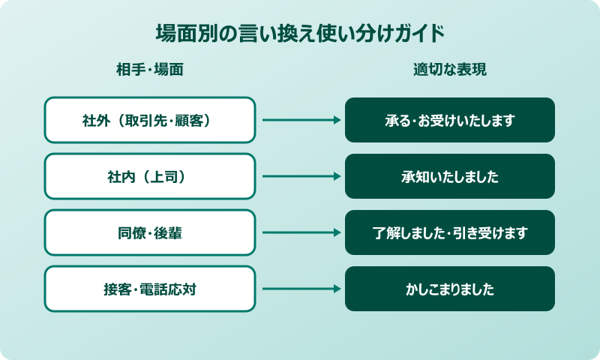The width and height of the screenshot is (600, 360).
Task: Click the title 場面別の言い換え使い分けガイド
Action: [x=300, y=34]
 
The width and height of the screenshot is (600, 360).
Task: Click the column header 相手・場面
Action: [x=150, y=70]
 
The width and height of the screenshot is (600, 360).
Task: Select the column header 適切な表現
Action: [x=450, y=70]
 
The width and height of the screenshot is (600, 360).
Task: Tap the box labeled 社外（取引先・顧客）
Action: [x=150, y=120]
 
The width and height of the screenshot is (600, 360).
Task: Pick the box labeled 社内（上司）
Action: [x=150, y=176]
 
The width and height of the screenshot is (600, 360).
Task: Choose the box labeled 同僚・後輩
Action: [x=150, y=232]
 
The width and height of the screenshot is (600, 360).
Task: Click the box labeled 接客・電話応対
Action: [x=150, y=289]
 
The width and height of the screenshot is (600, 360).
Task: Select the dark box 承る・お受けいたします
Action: [x=450, y=120]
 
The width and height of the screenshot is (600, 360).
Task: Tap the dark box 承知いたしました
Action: [x=450, y=176]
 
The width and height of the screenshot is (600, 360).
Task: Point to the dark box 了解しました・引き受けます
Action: [x=450, y=232]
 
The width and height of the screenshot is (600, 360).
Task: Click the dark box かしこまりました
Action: [x=450, y=289]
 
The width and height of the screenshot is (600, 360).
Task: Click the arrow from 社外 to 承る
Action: [x=300, y=120]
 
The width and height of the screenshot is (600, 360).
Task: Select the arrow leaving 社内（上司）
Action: [x=300, y=176]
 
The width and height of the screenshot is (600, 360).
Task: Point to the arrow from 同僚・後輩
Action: [x=300, y=232]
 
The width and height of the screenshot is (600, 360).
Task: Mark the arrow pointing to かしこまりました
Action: [x=300, y=289]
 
